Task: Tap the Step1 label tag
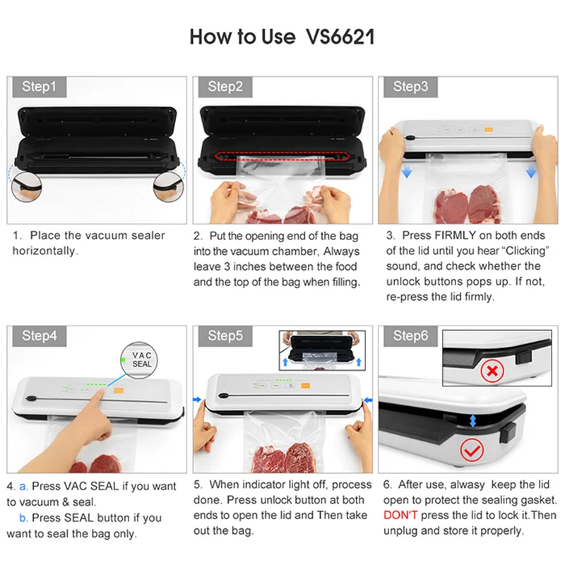tap(39, 87)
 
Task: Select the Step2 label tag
tap(225, 87)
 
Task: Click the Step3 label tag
tap(410, 87)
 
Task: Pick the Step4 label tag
tap(40, 335)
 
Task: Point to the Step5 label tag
tap(225, 335)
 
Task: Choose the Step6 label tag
tap(410, 335)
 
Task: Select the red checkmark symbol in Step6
tap(472, 448)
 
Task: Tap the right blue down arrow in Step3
tap(530, 172)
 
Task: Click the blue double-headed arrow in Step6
tap(473, 420)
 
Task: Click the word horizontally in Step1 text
tap(45, 251)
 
